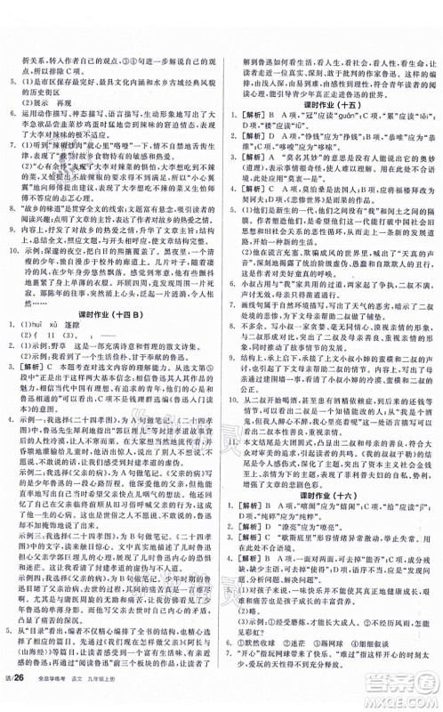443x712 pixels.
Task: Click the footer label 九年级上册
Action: tap(124, 697)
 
